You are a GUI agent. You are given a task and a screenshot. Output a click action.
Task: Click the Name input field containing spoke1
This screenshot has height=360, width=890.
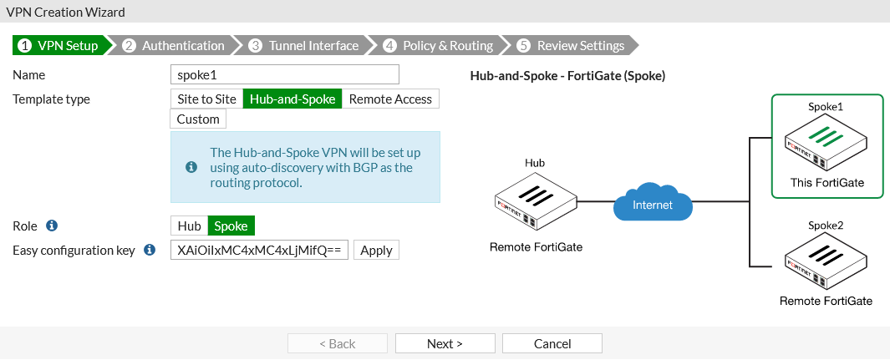click(x=284, y=74)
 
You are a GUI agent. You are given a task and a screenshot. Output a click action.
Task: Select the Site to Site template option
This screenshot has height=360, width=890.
click(x=206, y=99)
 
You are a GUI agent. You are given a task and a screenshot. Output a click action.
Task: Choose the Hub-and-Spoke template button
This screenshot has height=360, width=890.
click(x=292, y=99)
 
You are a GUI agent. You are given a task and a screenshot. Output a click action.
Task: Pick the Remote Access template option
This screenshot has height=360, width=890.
click(x=390, y=99)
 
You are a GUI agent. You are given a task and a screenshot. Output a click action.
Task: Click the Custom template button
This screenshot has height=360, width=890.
click(x=198, y=119)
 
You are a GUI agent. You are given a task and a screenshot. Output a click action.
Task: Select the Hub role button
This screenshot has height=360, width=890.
click(x=189, y=226)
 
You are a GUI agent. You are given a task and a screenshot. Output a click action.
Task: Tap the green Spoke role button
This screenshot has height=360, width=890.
click(x=231, y=226)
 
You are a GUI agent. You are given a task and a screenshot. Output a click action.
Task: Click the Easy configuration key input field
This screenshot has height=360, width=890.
click(x=259, y=250)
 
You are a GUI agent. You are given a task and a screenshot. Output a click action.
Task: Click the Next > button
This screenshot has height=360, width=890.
click(x=445, y=343)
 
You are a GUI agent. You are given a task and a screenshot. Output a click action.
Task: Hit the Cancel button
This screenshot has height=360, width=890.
click(x=552, y=343)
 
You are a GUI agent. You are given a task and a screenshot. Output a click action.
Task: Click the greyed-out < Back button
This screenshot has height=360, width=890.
click(x=338, y=343)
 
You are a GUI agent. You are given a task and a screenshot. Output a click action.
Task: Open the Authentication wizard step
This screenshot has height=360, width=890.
click(x=175, y=45)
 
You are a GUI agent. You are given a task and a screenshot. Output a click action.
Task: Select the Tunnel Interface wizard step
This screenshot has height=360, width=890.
click(x=304, y=45)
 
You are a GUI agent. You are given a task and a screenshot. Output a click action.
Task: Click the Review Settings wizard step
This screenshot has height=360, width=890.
click(x=572, y=45)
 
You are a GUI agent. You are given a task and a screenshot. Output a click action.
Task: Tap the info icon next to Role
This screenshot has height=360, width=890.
click(x=52, y=226)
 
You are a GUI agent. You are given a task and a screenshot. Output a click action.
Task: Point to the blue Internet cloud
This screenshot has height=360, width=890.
click(x=653, y=204)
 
